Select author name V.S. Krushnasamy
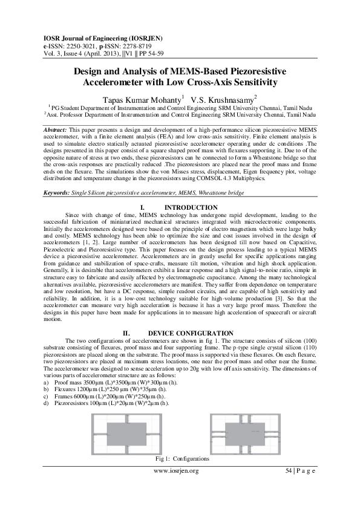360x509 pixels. point(224,99)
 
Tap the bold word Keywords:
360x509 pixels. point(58,192)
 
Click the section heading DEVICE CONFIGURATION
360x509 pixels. point(190,333)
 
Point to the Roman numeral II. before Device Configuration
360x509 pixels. point(127,333)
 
